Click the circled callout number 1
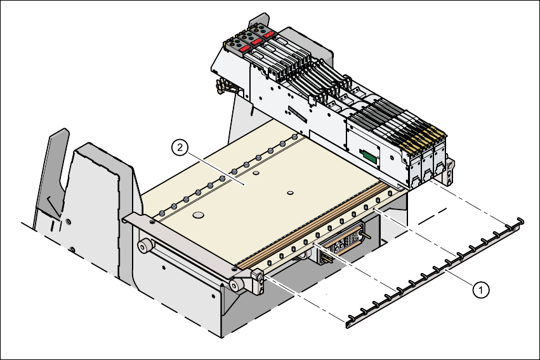click(x=482, y=290)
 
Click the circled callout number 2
click(x=180, y=148)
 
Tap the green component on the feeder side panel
click(x=367, y=155)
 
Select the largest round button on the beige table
click(x=199, y=216)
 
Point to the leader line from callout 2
click(x=216, y=166)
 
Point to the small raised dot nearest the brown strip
click(x=290, y=192)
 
